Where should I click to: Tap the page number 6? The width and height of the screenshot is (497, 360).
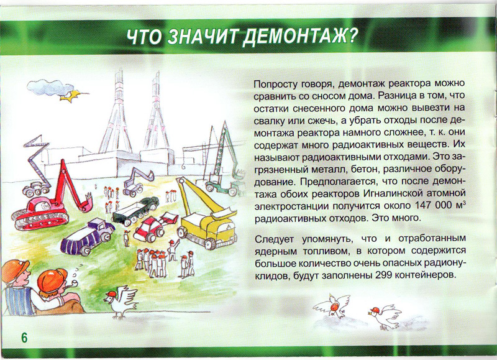24,338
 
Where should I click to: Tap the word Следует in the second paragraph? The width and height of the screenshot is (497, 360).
274,239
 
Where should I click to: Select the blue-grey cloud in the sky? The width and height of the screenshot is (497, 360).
50,87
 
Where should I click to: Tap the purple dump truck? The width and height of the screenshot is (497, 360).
87,236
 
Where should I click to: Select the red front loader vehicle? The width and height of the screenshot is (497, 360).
153,226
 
